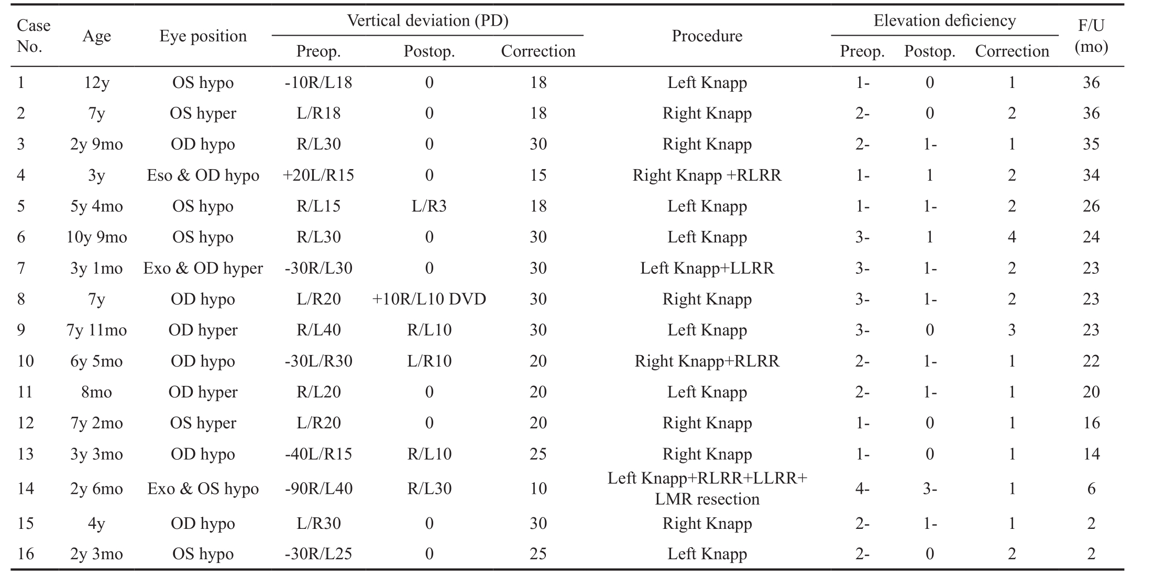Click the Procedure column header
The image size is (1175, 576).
click(x=707, y=36)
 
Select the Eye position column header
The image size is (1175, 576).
click(x=203, y=36)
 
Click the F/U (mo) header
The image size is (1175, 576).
click(x=1091, y=36)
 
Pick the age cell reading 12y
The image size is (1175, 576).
click(x=96, y=82)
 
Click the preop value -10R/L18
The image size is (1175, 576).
click(x=318, y=82)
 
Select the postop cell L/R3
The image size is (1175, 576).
click(x=429, y=206)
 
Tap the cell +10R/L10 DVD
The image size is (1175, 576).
click(x=429, y=299)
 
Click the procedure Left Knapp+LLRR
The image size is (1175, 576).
click(x=707, y=268)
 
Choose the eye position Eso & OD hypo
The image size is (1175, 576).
click(x=203, y=175)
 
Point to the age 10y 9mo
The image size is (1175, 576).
click(x=96, y=237)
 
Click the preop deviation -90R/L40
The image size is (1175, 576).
click(x=318, y=489)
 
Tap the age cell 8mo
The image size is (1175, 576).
click(x=96, y=392)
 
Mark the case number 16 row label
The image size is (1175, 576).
click(x=26, y=553)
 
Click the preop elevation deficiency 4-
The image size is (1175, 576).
click(x=862, y=489)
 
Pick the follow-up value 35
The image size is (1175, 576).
click(x=1091, y=144)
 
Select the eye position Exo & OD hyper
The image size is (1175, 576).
click(x=203, y=268)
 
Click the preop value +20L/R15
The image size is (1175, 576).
click(x=318, y=175)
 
